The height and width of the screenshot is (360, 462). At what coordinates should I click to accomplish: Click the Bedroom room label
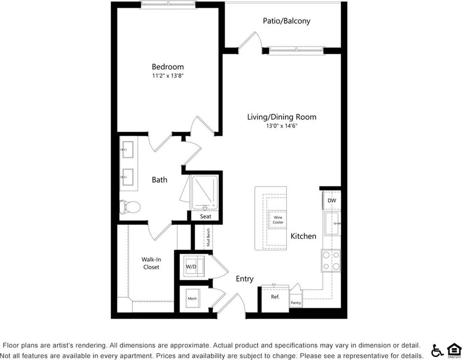[x=167, y=67]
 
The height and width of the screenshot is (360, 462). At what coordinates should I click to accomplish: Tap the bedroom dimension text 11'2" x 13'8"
[x=167, y=76]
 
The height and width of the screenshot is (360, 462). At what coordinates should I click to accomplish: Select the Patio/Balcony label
[x=287, y=21]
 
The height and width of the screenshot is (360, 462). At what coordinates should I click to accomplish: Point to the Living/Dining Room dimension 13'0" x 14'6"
[x=282, y=126]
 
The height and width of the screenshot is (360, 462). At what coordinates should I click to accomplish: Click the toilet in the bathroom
[x=130, y=207]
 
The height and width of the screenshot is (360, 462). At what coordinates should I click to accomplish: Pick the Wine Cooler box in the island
[x=278, y=220]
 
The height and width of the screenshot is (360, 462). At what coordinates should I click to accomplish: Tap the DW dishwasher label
[x=332, y=201]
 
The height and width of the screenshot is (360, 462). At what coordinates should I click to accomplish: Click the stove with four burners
[x=331, y=260]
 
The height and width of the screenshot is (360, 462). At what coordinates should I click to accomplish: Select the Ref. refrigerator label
[x=275, y=297]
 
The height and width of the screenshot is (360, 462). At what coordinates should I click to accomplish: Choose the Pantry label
[x=296, y=302]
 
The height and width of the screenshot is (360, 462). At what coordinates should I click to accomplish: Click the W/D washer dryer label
[x=191, y=266]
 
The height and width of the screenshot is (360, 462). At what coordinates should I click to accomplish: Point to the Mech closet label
[x=192, y=299]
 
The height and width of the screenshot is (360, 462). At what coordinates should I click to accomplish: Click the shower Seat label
[x=206, y=216]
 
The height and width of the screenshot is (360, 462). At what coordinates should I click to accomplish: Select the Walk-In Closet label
[x=151, y=263]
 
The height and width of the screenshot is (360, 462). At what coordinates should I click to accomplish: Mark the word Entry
[x=245, y=279]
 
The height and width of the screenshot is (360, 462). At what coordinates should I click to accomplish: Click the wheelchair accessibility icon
[x=437, y=350]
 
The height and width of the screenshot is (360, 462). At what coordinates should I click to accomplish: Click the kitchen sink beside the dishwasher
[x=332, y=224]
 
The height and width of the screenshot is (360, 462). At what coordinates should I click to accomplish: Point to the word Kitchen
[x=303, y=236]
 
